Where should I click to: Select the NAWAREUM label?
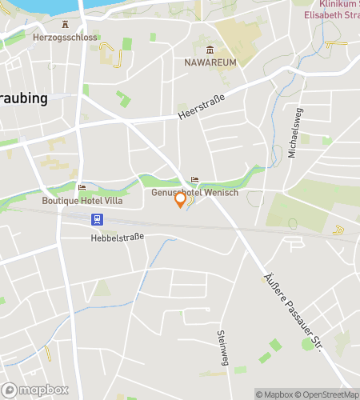point(210,62)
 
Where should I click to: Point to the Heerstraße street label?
point(201,108)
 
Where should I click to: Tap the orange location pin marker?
point(181,199)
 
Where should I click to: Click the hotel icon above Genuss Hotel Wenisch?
point(194,180)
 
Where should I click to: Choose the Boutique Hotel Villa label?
point(83,201)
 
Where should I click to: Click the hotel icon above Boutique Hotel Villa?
point(82,188)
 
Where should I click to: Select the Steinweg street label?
point(222,348)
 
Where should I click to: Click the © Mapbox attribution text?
point(274,394)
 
